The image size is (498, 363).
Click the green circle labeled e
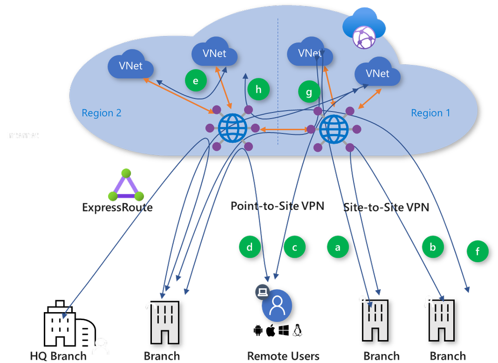196,81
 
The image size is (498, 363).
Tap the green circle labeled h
258,89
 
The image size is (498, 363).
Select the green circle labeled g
309,92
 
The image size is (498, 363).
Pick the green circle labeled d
249,246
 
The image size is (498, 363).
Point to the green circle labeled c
295,246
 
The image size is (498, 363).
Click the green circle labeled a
338,246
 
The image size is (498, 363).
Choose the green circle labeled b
433,246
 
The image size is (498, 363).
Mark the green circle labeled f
478,252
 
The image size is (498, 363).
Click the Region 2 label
102,113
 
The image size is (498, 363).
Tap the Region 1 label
430,113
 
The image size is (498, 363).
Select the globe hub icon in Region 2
232,128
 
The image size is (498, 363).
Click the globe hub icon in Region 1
334,129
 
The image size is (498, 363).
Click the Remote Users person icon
277,305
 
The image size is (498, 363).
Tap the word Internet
22,135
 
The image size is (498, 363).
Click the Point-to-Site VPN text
277,206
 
